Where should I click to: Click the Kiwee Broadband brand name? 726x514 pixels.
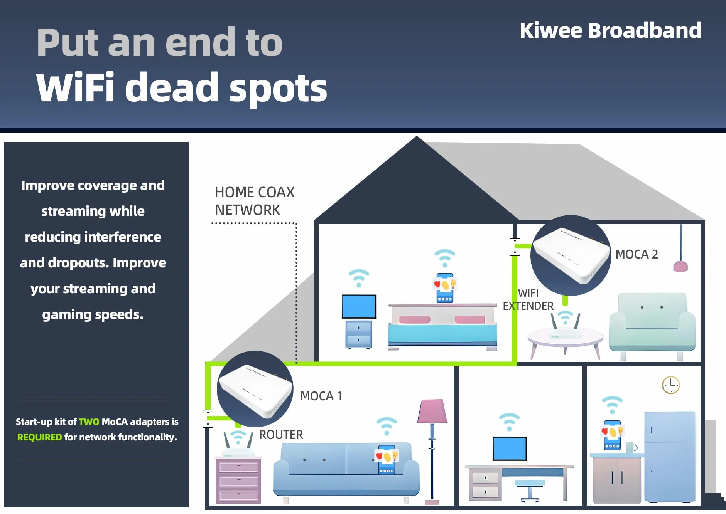pos(610,30)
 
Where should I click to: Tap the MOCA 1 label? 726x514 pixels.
pos(321,396)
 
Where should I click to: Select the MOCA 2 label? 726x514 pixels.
pos(637,254)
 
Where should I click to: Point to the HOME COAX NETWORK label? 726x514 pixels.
pos(255,201)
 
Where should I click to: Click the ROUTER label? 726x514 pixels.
pos(281,435)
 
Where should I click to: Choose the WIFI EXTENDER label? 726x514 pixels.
pos(528,299)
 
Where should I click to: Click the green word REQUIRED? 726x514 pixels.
pos(39,437)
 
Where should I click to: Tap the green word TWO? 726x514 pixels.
pos(89,422)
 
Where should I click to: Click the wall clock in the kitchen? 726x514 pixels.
pos(671,385)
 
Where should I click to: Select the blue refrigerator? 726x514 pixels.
pos(669,457)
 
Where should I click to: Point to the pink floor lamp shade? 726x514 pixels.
pos(432,411)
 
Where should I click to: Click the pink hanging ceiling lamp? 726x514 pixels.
pos(680,266)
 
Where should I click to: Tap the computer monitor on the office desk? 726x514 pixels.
pos(510,448)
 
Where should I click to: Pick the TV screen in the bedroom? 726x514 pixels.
pos(359,307)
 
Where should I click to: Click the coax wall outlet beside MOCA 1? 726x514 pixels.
pos(208,418)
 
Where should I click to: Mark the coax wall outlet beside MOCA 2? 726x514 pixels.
pos(515,247)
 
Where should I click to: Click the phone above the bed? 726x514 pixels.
pos(445,288)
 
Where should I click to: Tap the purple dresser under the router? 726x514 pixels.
pos(238,480)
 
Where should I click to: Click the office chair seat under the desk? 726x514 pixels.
pos(530,484)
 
